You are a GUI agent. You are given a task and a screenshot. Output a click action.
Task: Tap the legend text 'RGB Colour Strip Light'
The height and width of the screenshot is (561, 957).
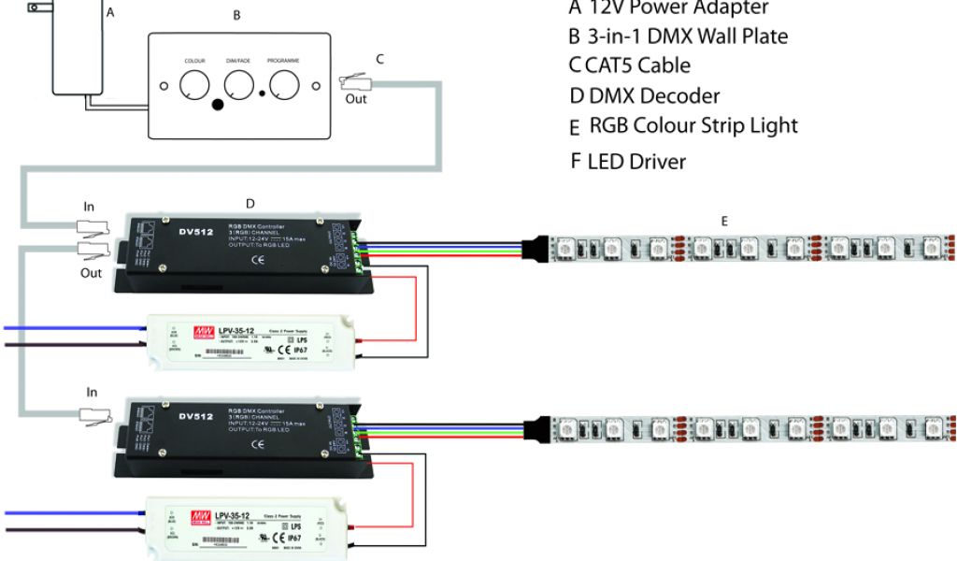[693, 125]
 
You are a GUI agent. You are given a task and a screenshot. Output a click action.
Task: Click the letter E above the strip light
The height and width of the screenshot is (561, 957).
[724, 221]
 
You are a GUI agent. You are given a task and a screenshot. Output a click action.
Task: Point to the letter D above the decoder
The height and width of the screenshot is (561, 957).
[250, 203]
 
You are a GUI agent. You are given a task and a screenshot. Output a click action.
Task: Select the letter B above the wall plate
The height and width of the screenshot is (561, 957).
[236, 16]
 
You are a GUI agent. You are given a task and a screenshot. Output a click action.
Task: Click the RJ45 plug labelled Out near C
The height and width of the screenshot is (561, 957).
[356, 82]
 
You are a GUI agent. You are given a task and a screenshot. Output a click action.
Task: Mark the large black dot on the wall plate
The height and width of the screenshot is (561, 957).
[218, 105]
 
